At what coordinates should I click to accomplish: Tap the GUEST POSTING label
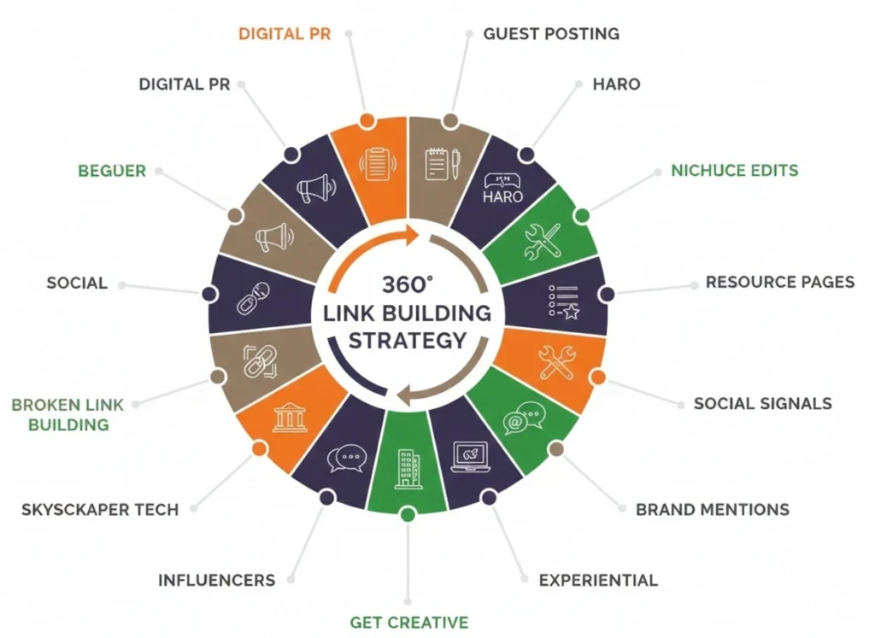[x=551, y=34]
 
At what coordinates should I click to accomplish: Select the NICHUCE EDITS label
[x=734, y=170]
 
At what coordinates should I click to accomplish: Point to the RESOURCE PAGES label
[x=779, y=282]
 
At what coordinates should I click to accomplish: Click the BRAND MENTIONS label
[x=712, y=510]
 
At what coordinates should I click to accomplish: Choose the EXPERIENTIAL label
[x=598, y=580]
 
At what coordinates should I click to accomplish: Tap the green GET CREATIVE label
[x=408, y=622]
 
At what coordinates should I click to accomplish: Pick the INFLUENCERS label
[x=216, y=580]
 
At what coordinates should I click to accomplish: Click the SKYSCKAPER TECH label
[x=99, y=510]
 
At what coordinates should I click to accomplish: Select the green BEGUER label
[x=112, y=171]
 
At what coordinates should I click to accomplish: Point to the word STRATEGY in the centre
[x=408, y=339]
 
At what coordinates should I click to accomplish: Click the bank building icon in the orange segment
[x=290, y=418]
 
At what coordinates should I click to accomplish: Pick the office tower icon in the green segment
[x=407, y=469]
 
